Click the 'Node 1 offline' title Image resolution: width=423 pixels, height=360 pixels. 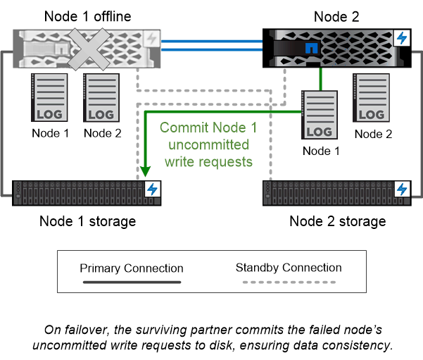coord(88,15)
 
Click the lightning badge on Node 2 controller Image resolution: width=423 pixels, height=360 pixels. coord(403,38)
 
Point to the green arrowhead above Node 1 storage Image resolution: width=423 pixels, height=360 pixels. coord(145,170)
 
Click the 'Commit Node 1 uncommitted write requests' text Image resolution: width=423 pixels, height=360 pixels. coord(207,144)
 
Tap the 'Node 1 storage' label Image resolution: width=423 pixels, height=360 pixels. coord(87,221)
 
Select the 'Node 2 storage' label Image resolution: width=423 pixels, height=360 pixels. coord(337,221)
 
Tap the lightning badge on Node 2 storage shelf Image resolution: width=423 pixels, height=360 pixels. coord(403,189)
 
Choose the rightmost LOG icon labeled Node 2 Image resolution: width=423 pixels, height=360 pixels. coord(370,98)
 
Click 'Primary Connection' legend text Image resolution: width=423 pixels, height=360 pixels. coord(131,268)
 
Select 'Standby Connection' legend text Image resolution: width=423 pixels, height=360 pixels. coord(289,268)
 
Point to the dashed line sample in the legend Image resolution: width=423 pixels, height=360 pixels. coord(289,282)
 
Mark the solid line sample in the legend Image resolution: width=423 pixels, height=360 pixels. coord(131,282)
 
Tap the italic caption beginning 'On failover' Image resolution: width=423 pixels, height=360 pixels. coord(211,337)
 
